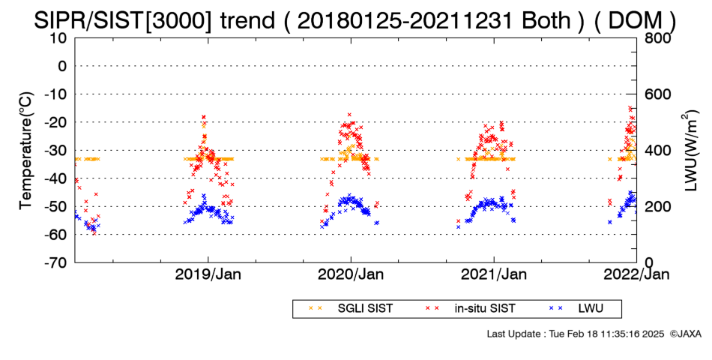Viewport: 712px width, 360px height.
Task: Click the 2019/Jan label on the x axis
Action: click(x=208, y=274)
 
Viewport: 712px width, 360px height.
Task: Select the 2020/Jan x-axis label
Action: click(x=351, y=274)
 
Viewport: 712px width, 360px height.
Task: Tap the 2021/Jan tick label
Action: click(x=494, y=274)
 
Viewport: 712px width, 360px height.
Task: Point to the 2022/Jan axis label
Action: click(x=636, y=274)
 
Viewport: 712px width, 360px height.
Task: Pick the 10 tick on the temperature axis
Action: click(x=58, y=38)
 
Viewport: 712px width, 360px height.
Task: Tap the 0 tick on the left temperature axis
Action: click(x=62, y=66)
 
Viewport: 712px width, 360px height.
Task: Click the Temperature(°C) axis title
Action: click(x=26, y=151)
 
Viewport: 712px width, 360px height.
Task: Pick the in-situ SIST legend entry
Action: click(x=470, y=309)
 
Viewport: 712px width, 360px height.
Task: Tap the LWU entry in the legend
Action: click(x=576, y=309)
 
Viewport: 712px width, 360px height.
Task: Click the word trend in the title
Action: click(x=247, y=20)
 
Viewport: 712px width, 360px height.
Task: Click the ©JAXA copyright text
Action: click(x=685, y=334)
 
